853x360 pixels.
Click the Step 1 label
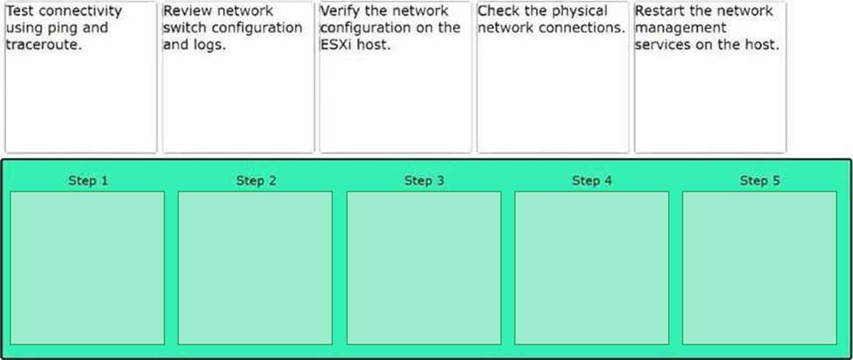tap(88, 180)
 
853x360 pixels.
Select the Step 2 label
tap(257, 180)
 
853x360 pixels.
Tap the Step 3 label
tap(424, 180)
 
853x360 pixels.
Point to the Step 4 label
tap(592, 180)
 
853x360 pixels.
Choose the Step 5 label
tap(759, 180)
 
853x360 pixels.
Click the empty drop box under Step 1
tap(87, 267)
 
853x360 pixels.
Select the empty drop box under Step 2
tap(255, 267)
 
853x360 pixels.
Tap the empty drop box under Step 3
tap(424, 267)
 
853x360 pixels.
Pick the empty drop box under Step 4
tap(591, 267)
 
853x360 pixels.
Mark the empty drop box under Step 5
tap(759, 267)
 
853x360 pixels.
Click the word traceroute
tap(44, 46)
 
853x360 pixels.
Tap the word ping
tap(68, 29)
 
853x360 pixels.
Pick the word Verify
tap(340, 11)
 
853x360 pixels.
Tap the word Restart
tap(659, 11)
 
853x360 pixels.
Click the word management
tap(680, 29)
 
